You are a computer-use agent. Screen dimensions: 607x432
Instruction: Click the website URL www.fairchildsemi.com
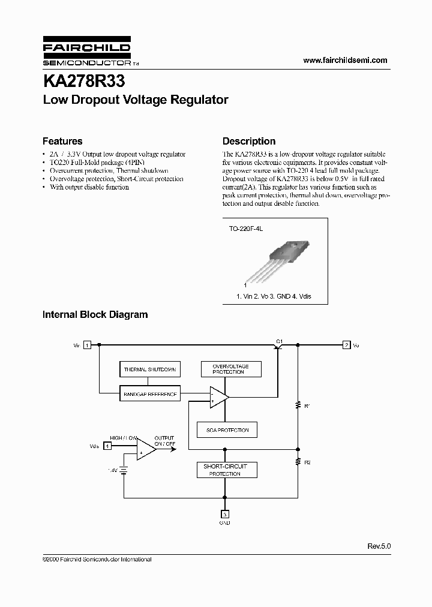(x=345, y=60)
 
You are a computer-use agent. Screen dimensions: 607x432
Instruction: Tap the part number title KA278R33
(x=83, y=80)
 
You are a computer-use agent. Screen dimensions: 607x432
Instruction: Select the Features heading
(x=62, y=142)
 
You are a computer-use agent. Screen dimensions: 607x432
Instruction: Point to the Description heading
(x=249, y=142)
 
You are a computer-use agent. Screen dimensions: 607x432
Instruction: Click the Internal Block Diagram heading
(x=95, y=314)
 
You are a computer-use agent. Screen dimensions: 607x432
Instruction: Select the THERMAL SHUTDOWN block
(x=149, y=370)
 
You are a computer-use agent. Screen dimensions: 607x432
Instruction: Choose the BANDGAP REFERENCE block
(x=149, y=394)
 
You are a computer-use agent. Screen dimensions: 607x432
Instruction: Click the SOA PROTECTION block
(x=223, y=430)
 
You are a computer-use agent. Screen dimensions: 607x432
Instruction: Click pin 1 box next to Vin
(x=87, y=345)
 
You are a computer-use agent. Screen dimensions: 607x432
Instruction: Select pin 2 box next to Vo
(x=346, y=345)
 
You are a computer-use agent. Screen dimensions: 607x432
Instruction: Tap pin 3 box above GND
(x=224, y=514)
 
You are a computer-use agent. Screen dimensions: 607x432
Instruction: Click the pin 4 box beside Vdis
(x=107, y=446)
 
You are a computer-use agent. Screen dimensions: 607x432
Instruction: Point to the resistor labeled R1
(x=298, y=406)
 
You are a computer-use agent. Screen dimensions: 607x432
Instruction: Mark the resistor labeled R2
(x=298, y=462)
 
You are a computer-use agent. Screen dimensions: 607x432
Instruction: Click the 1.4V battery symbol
(x=124, y=470)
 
